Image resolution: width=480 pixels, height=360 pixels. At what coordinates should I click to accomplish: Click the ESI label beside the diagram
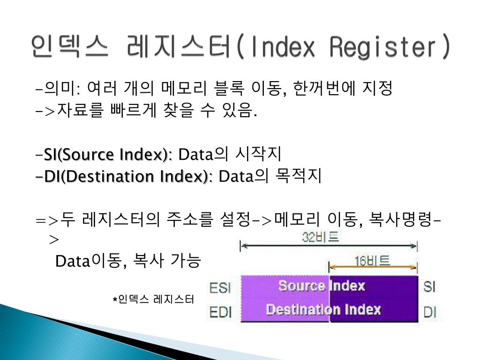click(220, 287)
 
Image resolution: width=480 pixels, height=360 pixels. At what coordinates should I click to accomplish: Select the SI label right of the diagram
click(430, 286)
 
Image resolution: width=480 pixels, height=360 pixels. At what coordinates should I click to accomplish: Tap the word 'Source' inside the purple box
click(301, 286)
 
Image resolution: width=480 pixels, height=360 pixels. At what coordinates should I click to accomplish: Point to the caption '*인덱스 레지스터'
click(153, 299)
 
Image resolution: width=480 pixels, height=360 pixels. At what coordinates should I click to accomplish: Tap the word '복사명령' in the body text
click(401, 219)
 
